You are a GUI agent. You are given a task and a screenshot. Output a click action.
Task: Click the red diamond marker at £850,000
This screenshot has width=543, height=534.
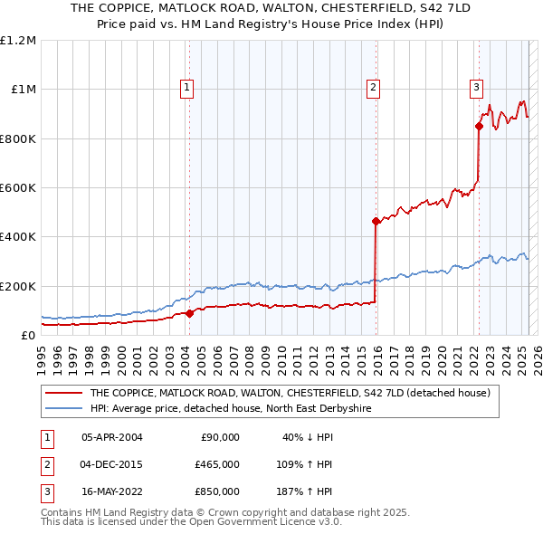(479, 127)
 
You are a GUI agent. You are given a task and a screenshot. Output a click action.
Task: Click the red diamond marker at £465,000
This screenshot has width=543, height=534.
(375, 221)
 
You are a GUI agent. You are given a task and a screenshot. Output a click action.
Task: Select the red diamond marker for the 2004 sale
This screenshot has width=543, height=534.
(189, 313)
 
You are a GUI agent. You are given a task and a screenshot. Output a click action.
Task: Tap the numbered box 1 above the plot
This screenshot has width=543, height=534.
(186, 88)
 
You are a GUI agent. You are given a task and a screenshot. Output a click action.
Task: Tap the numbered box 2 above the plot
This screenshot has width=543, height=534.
(372, 88)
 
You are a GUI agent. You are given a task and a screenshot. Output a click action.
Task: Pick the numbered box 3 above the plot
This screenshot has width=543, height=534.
(476, 88)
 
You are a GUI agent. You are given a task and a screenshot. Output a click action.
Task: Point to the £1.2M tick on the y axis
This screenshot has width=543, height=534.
(18, 41)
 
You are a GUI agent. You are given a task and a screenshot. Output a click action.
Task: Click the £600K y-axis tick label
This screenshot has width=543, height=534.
(18, 188)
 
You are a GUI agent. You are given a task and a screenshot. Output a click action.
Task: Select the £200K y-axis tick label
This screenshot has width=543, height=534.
(18, 286)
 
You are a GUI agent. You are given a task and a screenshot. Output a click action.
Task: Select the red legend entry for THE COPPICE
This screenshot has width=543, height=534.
(290, 393)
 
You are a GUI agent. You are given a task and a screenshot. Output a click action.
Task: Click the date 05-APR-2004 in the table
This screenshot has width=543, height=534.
(111, 437)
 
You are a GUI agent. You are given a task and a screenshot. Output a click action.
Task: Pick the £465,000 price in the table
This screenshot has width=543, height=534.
(217, 464)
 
